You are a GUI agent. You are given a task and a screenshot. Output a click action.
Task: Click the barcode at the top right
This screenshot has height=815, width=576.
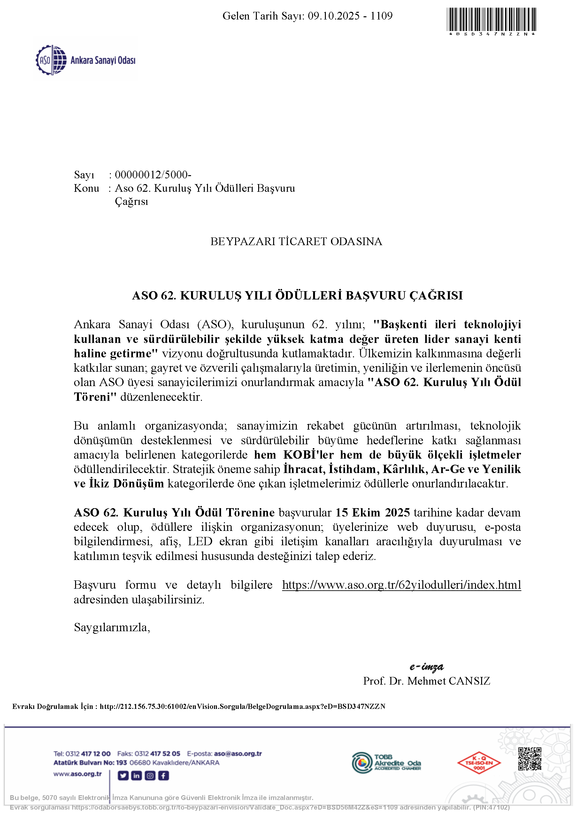(492, 19)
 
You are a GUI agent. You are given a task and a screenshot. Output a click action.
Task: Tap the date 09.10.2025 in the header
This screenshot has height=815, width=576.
(334, 16)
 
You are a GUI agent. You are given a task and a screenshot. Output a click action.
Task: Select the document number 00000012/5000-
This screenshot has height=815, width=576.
(153, 175)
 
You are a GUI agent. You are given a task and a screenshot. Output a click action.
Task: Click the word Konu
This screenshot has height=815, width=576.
(86, 188)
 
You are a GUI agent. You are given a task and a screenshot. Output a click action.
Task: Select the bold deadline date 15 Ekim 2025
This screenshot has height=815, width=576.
(372, 513)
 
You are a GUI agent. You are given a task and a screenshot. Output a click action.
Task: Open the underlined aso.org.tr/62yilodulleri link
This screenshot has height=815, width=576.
(401, 585)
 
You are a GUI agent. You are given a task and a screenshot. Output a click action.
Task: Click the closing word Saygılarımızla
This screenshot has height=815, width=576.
(112, 628)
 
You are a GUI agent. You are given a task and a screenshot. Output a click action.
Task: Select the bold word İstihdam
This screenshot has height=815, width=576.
(352, 469)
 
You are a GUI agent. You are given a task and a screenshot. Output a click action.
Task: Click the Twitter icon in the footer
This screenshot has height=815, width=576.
(123, 776)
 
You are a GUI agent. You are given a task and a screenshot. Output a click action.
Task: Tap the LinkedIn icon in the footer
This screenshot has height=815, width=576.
(136, 776)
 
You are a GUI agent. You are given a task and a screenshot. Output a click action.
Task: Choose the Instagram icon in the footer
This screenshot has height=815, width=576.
(150, 776)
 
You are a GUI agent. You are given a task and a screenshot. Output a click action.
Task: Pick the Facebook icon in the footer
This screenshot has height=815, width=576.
(163, 776)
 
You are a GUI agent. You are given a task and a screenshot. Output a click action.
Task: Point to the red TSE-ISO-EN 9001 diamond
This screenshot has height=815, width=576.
(479, 763)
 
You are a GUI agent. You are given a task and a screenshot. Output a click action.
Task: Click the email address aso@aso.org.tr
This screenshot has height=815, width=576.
(238, 754)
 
